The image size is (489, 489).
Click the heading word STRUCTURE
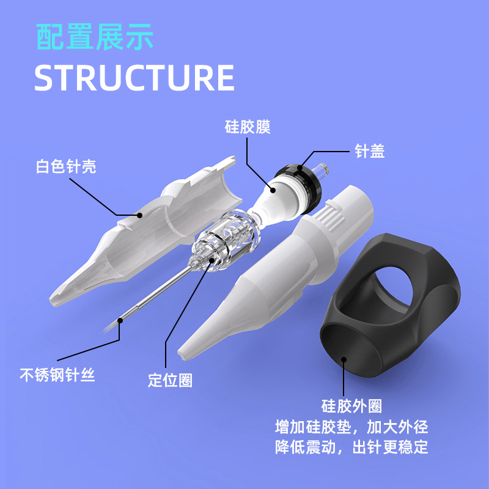click(x=134, y=78)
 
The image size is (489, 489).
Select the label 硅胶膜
click(x=246, y=128)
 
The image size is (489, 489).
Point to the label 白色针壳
click(x=66, y=166)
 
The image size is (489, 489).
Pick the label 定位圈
click(x=170, y=380)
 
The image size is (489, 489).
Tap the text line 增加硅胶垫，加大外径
click(x=351, y=426)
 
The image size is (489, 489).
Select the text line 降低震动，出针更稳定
click(x=351, y=447)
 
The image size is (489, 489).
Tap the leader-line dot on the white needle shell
click(x=141, y=215)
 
